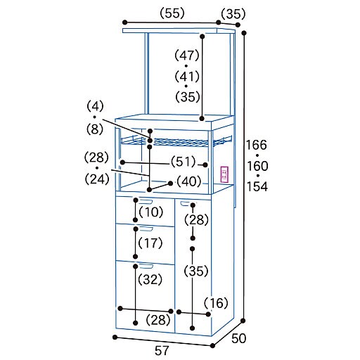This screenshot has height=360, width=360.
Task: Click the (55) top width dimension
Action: tap(172, 13)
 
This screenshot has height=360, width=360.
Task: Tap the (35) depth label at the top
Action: tap(233, 14)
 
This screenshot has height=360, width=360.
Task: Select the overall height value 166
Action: tap(257, 145)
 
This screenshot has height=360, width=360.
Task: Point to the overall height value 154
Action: tap(257, 186)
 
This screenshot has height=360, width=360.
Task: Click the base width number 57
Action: tap(162, 351)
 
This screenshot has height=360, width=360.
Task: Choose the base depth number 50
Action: tap(239, 338)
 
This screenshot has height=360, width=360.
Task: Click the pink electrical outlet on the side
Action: tap(224, 174)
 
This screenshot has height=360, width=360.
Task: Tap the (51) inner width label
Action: tap(183, 162)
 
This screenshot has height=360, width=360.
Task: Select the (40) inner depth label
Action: tap(189, 181)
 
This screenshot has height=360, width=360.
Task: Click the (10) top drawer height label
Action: tap(151, 212)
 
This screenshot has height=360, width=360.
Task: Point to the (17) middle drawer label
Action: tap(150, 243)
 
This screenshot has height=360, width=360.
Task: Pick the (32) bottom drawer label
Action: tap(150, 279)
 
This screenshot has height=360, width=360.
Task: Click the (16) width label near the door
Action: tap(216, 303)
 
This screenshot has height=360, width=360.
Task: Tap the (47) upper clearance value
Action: tap(187, 56)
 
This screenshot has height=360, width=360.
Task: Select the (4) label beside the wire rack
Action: tap(95, 106)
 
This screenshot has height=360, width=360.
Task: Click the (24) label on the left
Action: tap(97, 179)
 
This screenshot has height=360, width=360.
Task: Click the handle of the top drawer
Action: tap(146, 201)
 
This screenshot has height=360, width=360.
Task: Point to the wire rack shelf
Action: tap(176, 141)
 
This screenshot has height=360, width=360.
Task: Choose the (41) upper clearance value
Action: tap(187, 77)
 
